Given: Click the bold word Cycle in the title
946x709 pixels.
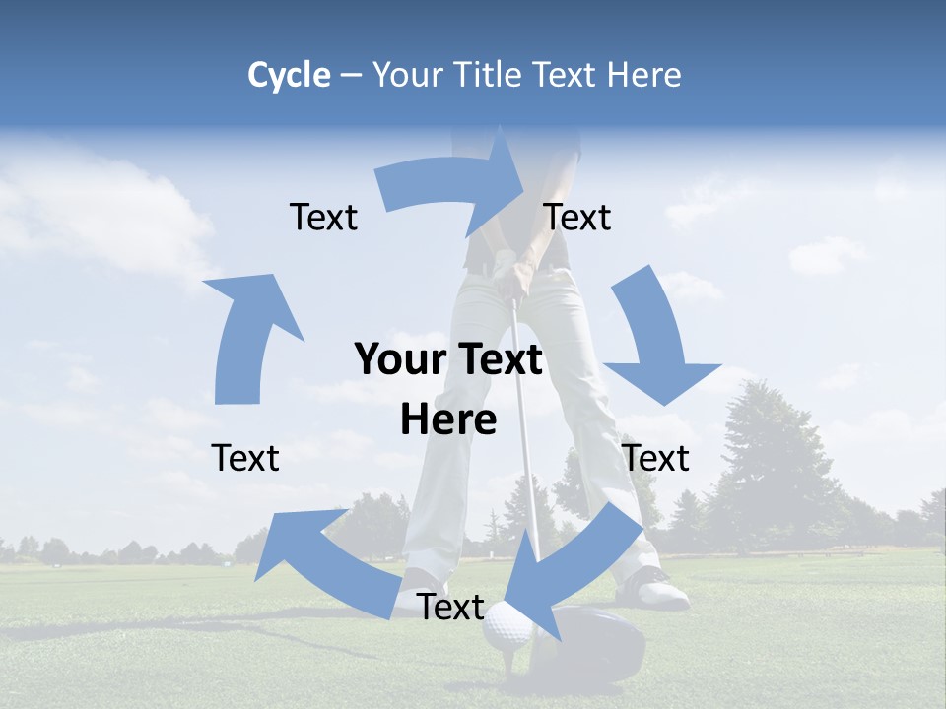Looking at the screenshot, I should tap(289, 75).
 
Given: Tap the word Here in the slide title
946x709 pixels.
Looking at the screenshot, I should tap(643, 75).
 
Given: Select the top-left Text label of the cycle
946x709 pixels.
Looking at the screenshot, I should tap(323, 217).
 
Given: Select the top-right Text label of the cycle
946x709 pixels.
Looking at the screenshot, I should tap(577, 217).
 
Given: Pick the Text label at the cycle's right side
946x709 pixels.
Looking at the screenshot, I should tap(656, 458).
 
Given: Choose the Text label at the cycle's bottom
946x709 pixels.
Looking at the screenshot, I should tap(450, 607).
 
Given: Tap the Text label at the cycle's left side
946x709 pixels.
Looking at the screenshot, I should tap(245, 458).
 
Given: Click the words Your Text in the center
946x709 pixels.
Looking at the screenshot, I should tap(448, 360).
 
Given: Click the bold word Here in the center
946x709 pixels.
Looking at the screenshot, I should tap(448, 420).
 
